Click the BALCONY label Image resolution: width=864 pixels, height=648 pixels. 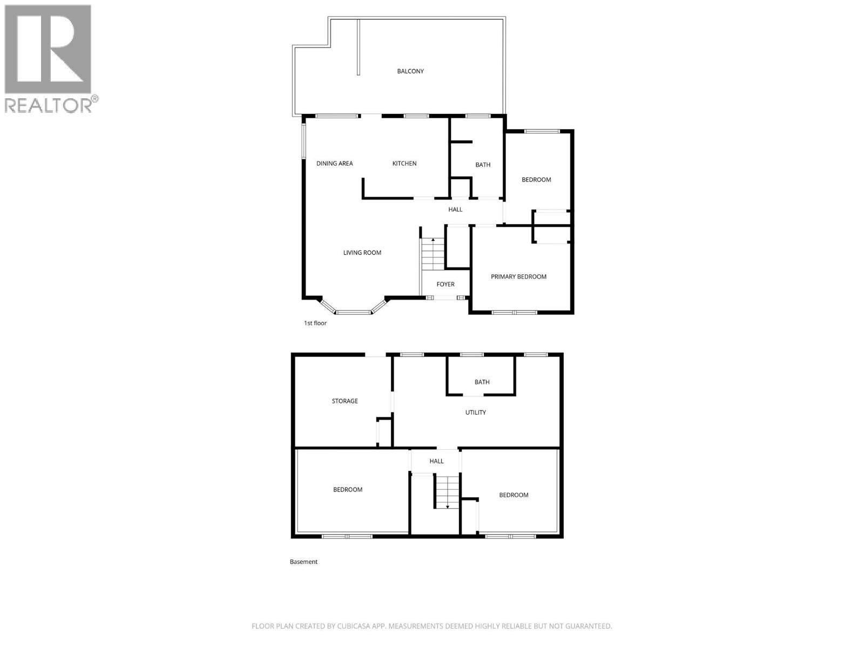410,71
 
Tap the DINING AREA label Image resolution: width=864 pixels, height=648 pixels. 335,164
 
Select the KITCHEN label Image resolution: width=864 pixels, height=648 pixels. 404,164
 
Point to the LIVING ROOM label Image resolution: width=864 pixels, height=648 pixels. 362,253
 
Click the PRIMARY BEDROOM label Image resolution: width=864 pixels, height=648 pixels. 518,277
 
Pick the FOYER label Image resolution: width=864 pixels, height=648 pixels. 446,285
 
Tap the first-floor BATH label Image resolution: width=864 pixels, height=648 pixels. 483,165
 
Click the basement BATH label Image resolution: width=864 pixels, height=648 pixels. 482,382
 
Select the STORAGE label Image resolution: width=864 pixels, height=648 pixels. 345,401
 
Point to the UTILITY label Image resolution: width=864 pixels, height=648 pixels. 476,413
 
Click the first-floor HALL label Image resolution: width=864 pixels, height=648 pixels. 455,210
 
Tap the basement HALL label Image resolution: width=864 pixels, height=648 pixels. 436,461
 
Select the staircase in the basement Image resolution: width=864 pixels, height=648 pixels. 447,491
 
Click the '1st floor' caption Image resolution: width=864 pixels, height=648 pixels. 315,323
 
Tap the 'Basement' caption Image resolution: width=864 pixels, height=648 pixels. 303,562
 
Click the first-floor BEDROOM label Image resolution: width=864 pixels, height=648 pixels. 536,180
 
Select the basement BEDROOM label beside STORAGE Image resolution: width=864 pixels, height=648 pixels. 348,490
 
